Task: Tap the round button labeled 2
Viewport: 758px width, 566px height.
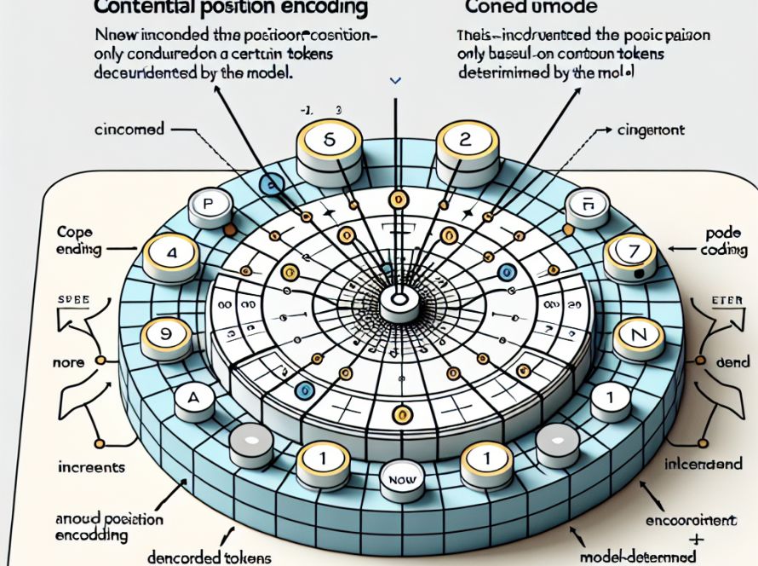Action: [465, 141]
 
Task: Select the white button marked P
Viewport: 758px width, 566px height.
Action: [207, 205]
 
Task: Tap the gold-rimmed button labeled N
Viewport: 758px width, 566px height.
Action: [630, 334]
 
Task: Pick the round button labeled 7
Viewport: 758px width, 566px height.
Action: [631, 252]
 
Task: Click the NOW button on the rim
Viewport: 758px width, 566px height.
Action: [399, 480]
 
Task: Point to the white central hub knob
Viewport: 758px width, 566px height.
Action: [398, 300]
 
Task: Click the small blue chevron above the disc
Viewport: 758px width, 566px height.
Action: [393, 81]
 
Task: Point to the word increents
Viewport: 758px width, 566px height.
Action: [91, 467]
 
